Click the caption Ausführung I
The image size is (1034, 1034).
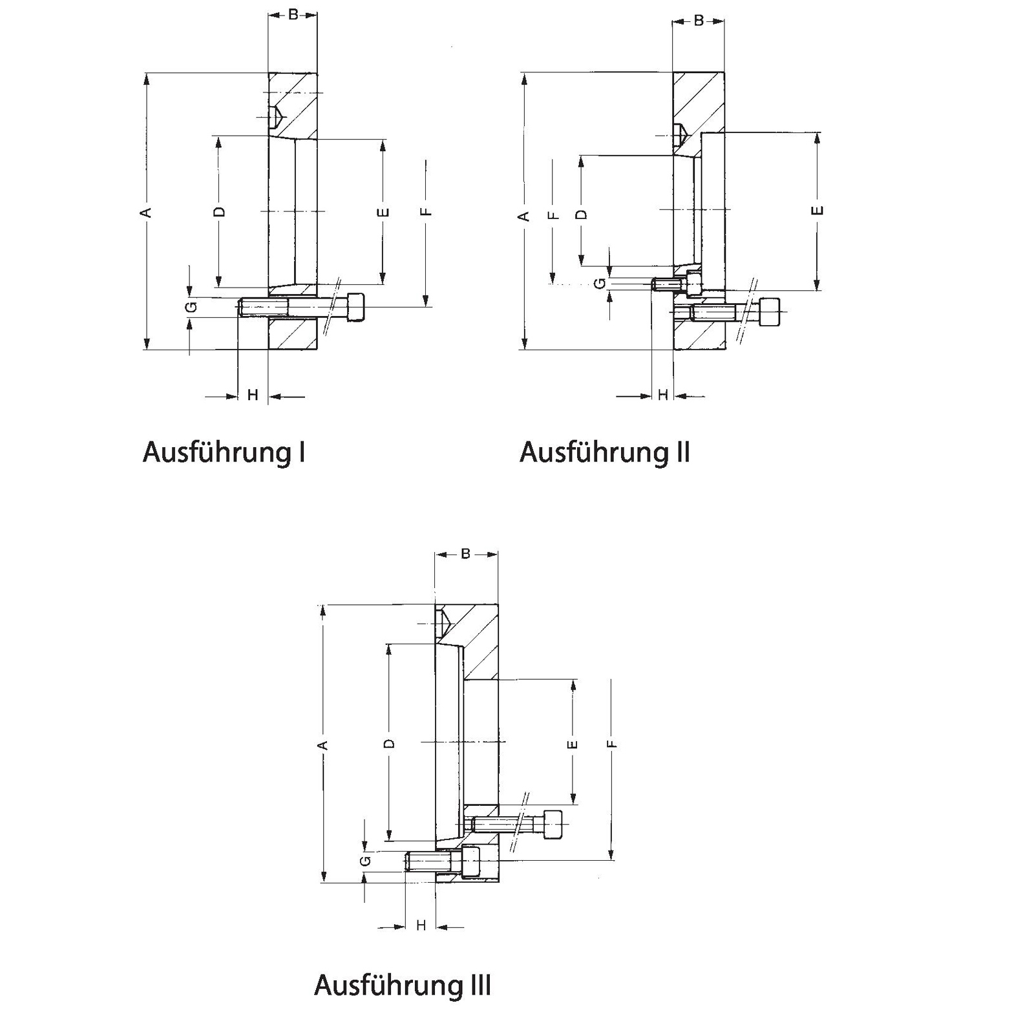[x=224, y=452]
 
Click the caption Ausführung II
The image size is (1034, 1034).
[x=605, y=452]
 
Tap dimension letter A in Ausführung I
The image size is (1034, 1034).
[x=147, y=212]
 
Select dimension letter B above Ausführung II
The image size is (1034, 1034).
[x=699, y=21]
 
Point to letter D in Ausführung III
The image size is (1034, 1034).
[x=389, y=743]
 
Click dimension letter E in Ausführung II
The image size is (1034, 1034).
[x=818, y=211]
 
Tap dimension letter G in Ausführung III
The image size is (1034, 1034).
[x=365, y=861]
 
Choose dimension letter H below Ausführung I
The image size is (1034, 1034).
[x=253, y=395]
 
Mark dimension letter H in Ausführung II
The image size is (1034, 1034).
[x=662, y=395]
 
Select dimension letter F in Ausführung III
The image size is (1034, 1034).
[x=613, y=744]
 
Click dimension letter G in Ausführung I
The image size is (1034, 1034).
[x=191, y=307]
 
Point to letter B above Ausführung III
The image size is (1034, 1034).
[x=466, y=554]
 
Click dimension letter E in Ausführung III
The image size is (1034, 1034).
[x=573, y=744]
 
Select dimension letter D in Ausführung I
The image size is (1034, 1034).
[x=219, y=211]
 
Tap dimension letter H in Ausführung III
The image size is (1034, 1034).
[x=421, y=926]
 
